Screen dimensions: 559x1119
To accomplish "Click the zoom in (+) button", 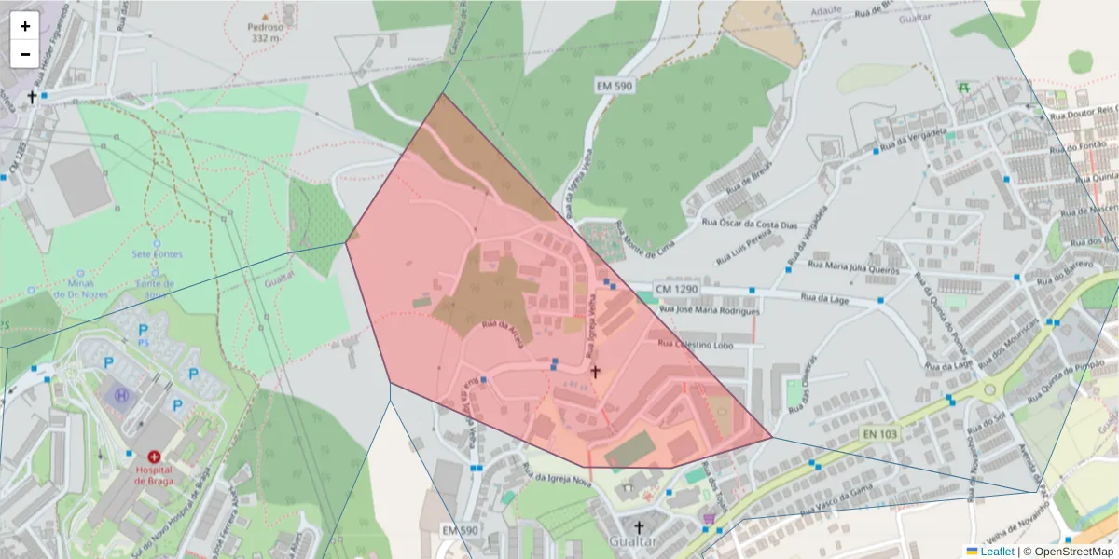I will tap(25, 26).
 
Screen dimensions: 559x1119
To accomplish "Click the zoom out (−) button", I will tap(25, 54).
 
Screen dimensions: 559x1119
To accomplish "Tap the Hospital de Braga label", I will tap(154, 474).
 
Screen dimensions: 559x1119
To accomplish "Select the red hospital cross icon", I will tap(154, 457).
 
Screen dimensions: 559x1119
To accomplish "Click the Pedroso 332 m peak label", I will tap(266, 33).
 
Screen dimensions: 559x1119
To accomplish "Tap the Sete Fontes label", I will tap(157, 253).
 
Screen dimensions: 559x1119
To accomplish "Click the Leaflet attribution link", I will tap(997, 552).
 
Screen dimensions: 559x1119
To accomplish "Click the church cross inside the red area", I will tap(594, 371).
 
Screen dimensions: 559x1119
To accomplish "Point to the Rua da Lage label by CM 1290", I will tap(824, 298).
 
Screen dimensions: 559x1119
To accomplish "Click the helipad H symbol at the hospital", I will tap(121, 395).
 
